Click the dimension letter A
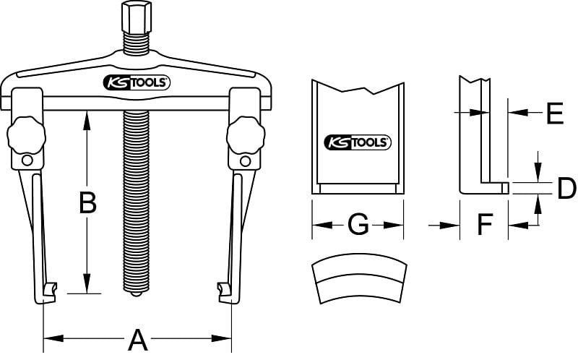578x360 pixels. point(138,340)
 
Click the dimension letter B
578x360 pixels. point(87,202)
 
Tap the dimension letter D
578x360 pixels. point(566,188)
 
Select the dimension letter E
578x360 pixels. point(555,113)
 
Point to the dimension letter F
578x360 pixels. point(485,224)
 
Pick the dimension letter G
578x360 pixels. point(358,224)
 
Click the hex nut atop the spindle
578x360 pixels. point(137,17)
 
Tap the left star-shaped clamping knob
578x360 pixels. point(26,135)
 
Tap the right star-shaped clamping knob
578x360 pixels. point(246,135)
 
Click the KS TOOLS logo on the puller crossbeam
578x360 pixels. point(137,82)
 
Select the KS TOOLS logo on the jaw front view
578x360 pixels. point(358,142)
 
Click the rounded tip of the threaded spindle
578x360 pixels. point(136,293)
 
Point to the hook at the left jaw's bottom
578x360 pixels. point(47,293)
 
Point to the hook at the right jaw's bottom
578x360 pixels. point(225,293)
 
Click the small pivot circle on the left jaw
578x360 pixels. point(27,160)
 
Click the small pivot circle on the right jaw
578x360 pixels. point(245,161)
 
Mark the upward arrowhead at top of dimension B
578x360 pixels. point(87,121)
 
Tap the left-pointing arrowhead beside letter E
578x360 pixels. point(518,112)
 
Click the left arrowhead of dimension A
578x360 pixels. point(53,338)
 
